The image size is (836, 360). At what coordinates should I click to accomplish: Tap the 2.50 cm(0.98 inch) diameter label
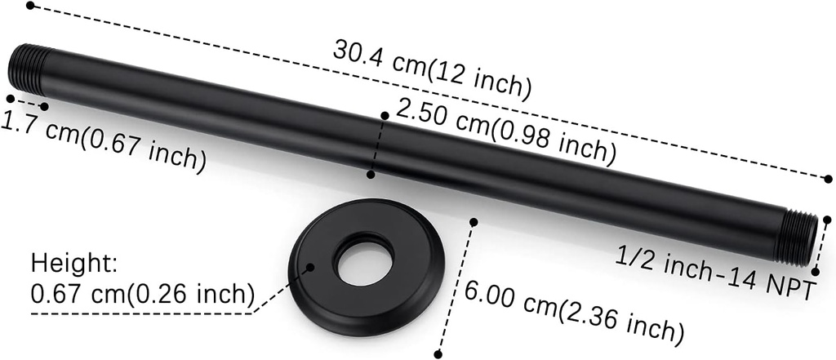pos(500,128)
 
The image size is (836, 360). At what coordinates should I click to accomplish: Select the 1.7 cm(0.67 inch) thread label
pos(103,142)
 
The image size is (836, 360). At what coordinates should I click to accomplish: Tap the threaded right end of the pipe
pos(798,236)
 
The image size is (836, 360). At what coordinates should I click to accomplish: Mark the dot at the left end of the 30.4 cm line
pos(30,5)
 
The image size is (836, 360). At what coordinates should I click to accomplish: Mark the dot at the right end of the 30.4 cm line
pos(828,178)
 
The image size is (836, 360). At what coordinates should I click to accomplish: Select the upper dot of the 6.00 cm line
pos(474,221)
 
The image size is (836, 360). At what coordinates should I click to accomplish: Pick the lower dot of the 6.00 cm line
pos(438,353)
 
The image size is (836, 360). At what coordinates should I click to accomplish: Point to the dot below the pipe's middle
pos(371,174)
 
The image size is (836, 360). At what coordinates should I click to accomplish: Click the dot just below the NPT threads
pos(816,271)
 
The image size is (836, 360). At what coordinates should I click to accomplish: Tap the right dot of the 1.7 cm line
pos(44,106)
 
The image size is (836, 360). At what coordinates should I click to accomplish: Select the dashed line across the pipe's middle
pos(378,144)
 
